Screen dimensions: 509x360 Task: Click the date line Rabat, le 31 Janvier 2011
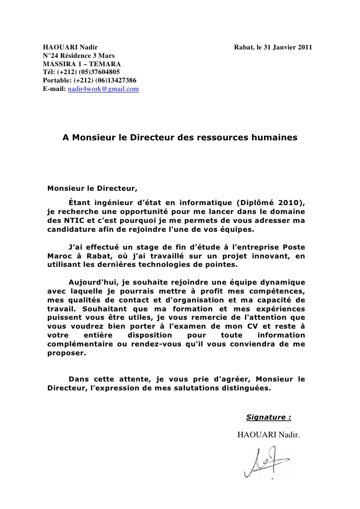pyautogui.click(x=273, y=47)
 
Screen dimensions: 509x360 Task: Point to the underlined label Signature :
pyautogui.click(x=269, y=417)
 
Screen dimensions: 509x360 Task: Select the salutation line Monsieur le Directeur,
pyautogui.click(x=91, y=188)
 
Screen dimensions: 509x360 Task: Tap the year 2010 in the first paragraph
pyautogui.click(x=287, y=203)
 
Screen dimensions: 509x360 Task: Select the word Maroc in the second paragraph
pyautogui.click(x=57, y=255)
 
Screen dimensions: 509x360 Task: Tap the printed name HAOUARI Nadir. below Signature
pyautogui.click(x=269, y=435)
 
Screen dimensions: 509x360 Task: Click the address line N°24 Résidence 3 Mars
pyautogui.click(x=79, y=56)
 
